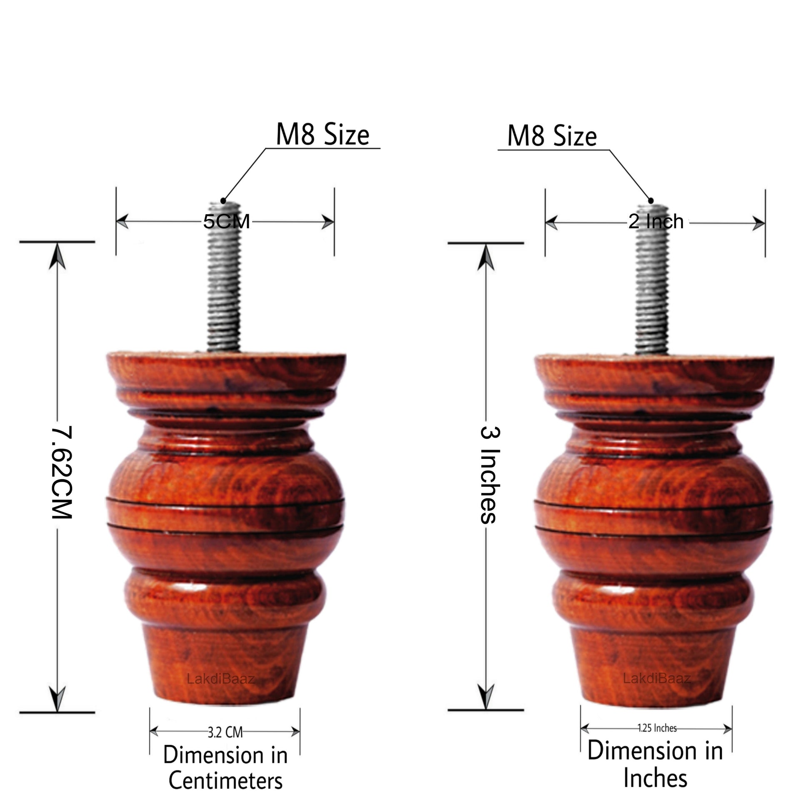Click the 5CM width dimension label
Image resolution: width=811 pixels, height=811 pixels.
pyautogui.click(x=227, y=221)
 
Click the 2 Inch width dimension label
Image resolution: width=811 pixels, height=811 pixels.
pyautogui.click(x=656, y=222)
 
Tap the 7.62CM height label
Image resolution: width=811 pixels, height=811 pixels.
pyautogui.click(x=62, y=473)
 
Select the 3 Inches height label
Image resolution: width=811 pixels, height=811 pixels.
pyautogui.click(x=490, y=475)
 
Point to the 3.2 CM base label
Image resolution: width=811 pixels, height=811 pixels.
pyautogui.click(x=225, y=733)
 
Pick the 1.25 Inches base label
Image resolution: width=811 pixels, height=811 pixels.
pyautogui.click(x=657, y=728)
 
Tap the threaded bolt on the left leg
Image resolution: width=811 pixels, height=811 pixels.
pyautogui.click(x=224, y=276)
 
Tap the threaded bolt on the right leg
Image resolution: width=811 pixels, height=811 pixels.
pyautogui.click(x=652, y=279)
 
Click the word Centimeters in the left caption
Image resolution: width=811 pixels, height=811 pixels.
pyautogui.click(x=225, y=781)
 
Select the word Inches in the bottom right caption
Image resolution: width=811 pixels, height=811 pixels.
pyautogui.click(x=655, y=778)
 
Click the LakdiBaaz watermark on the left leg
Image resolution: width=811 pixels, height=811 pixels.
pyautogui.click(x=221, y=678)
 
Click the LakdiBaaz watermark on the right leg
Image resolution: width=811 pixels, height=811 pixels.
pyautogui.click(x=657, y=678)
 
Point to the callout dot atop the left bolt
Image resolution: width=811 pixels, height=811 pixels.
pyautogui.click(x=224, y=200)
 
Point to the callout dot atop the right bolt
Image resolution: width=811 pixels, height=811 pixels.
pyautogui.click(x=651, y=200)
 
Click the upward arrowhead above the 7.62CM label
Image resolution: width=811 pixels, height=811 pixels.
pyautogui.click(x=57, y=257)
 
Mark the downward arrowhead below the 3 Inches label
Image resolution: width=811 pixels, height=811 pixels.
pyautogui.click(x=486, y=697)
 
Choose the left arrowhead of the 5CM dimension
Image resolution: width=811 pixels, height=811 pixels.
pyautogui.click(x=122, y=221)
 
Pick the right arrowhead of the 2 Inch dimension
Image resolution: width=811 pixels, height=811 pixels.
pyautogui.click(x=758, y=223)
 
